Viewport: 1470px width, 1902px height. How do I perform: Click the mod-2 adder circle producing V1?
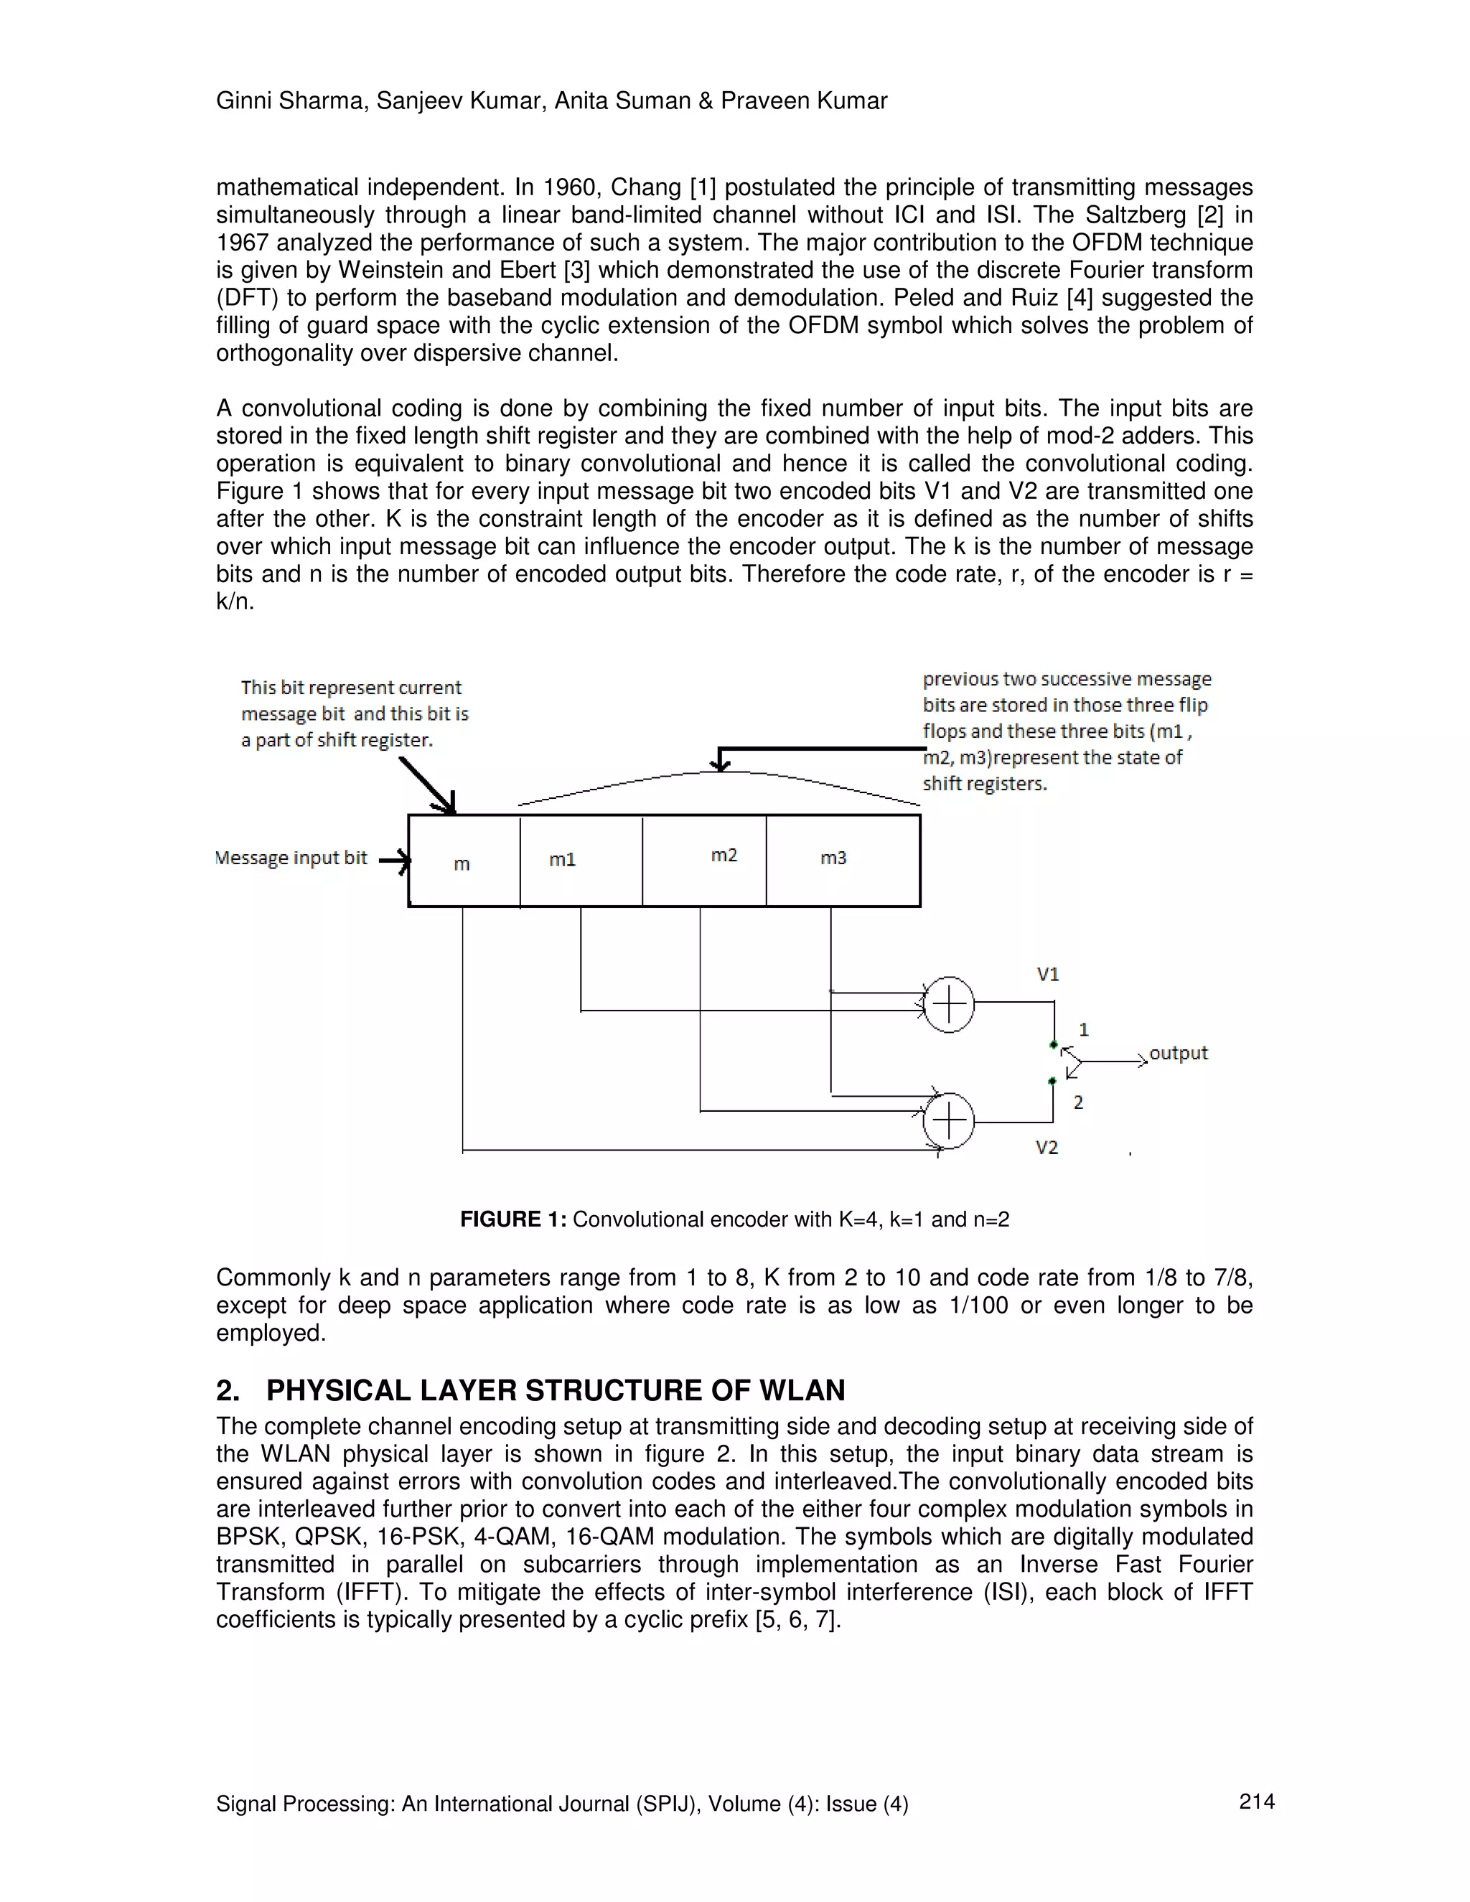[x=948, y=1004]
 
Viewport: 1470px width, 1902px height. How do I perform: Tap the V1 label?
[x=1048, y=975]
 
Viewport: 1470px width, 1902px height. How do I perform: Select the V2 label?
[x=1047, y=1148]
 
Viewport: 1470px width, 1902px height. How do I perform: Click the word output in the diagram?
[x=1179, y=1053]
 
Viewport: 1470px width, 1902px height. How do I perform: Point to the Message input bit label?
[x=291, y=858]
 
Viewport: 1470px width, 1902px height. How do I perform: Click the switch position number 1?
[x=1083, y=1029]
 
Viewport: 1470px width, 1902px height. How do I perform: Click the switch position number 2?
[x=1078, y=1102]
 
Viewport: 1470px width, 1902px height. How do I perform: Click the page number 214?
[x=1257, y=1801]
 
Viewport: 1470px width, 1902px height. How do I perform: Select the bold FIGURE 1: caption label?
[x=513, y=1219]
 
